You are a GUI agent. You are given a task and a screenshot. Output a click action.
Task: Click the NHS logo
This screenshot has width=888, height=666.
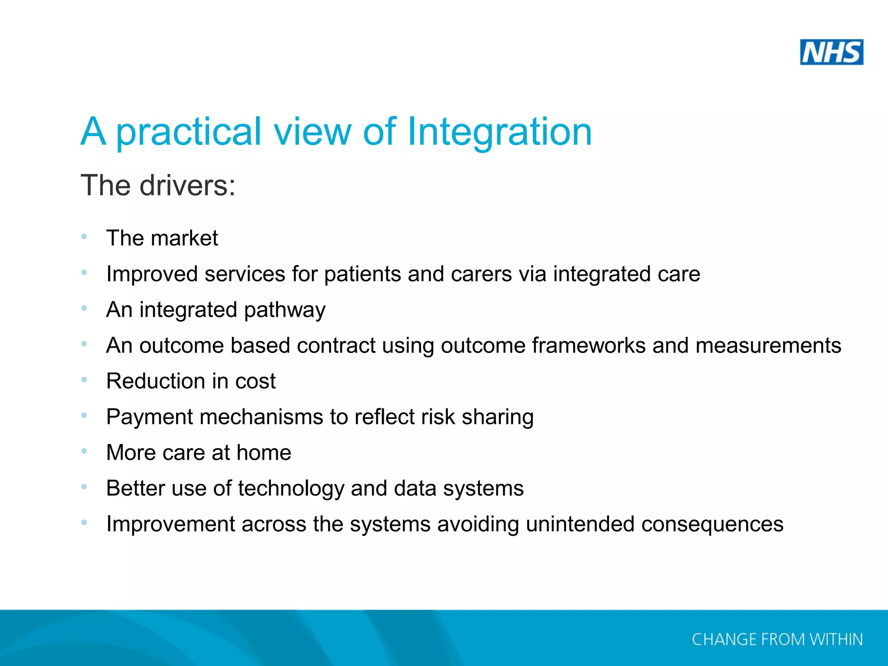click(x=831, y=52)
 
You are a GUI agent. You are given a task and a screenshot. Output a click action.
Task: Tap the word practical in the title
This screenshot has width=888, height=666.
click(x=189, y=132)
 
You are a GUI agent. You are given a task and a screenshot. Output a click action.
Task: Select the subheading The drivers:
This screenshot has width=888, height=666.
click(x=158, y=186)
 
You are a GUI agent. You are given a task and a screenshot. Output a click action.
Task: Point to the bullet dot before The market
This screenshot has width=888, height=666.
click(x=84, y=237)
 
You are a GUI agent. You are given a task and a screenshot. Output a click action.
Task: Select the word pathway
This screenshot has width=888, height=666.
click(x=284, y=310)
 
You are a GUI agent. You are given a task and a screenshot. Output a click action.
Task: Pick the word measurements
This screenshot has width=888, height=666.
click(x=768, y=346)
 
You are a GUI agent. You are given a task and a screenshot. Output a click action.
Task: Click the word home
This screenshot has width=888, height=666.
click(x=264, y=453)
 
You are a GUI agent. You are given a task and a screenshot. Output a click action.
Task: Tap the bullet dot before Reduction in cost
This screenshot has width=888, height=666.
click(x=84, y=380)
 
